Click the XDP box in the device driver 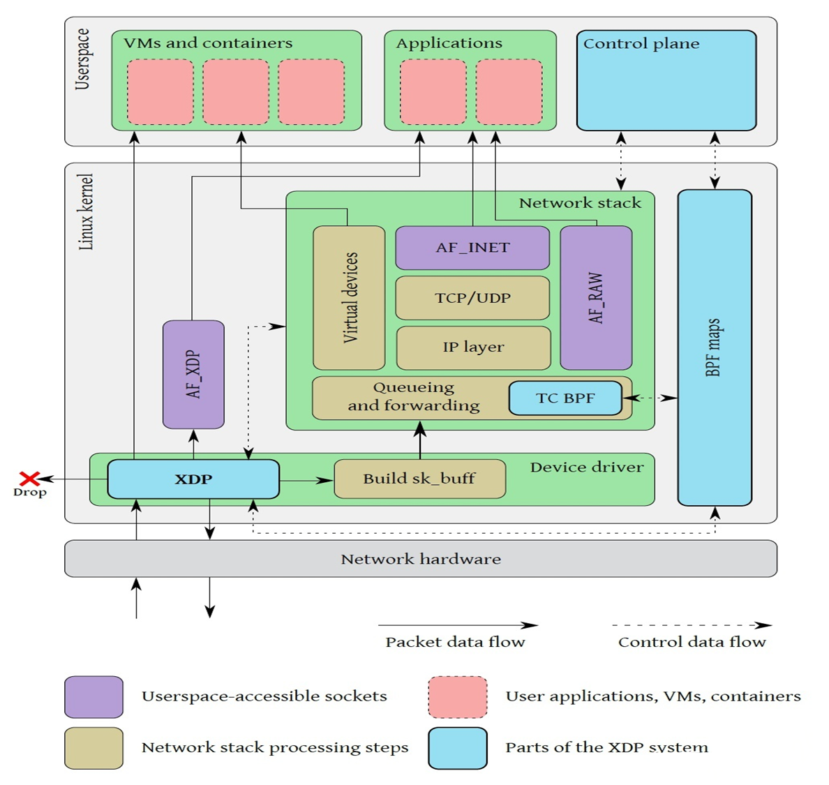pyautogui.click(x=193, y=479)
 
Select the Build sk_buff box pyautogui.click(x=419, y=479)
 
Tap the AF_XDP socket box pyautogui.click(x=193, y=375)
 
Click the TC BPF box pyautogui.click(x=565, y=398)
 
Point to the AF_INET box pyautogui.click(x=472, y=248)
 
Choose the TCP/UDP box pyautogui.click(x=472, y=298)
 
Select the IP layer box pyautogui.click(x=473, y=347)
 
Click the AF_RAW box pyautogui.click(x=596, y=298)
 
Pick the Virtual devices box pyautogui.click(x=349, y=298)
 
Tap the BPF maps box pyautogui.click(x=715, y=347)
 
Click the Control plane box pyautogui.click(x=666, y=80)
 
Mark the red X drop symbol pyautogui.click(x=29, y=478)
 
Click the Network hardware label pyautogui.click(x=421, y=559)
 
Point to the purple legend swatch pyautogui.click(x=94, y=696)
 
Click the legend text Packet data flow pyautogui.click(x=455, y=642)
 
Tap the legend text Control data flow pyautogui.click(x=692, y=642)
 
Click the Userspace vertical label pyautogui.click(x=82, y=59)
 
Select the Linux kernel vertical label pyautogui.click(x=86, y=212)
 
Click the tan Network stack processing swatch pyautogui.click(x=94, y=748)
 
